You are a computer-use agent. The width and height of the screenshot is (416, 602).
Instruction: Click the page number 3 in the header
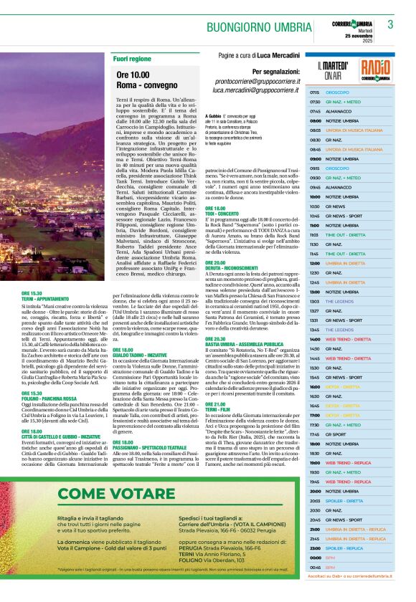[x=390, y=24]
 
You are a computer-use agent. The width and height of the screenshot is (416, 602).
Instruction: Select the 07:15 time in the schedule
[x=315, y=92]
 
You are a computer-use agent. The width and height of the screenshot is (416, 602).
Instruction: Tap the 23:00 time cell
[x=315, y=548]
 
